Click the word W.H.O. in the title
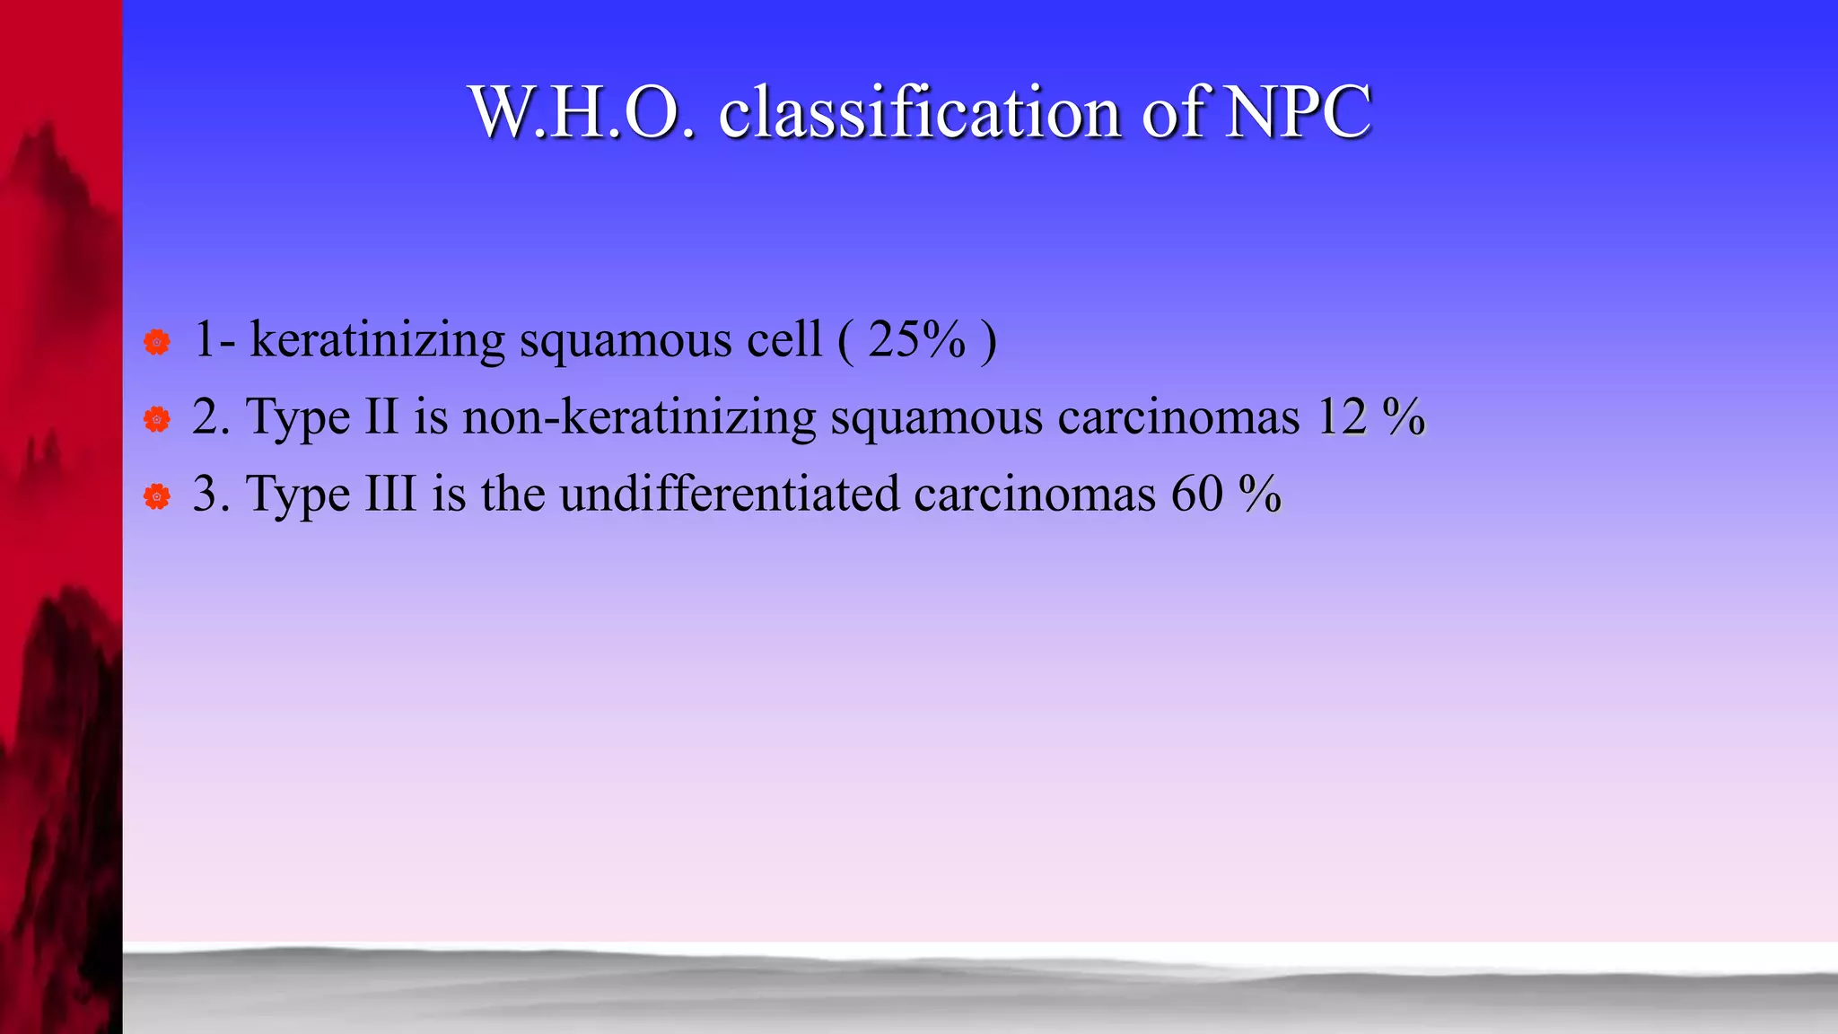point(582,113)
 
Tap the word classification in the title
point(919,113)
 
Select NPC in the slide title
point(1299,113)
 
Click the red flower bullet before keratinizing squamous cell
point(157,342)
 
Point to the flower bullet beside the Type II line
point(157,419)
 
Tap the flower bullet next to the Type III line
point(157,496)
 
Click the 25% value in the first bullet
point(916,339)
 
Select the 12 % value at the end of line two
point(1370,416)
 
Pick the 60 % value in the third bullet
point(1226,494)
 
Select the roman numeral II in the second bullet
point(381,416)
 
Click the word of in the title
point(1177,113)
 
